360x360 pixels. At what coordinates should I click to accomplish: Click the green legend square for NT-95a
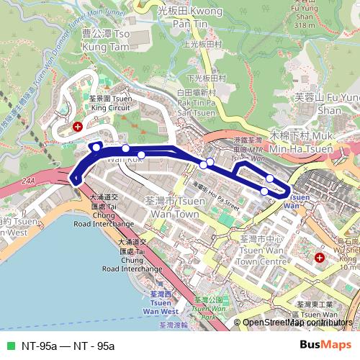click(x=9, y=346)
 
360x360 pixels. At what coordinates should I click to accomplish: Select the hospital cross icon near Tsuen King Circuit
click(x=77, y=126)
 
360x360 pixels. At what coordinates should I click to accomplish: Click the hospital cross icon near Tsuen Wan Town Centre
click(x=320, y=257)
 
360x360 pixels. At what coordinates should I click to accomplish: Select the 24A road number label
click(x=28, y=181)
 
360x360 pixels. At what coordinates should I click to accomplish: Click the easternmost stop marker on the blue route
click(x=269, y=179)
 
